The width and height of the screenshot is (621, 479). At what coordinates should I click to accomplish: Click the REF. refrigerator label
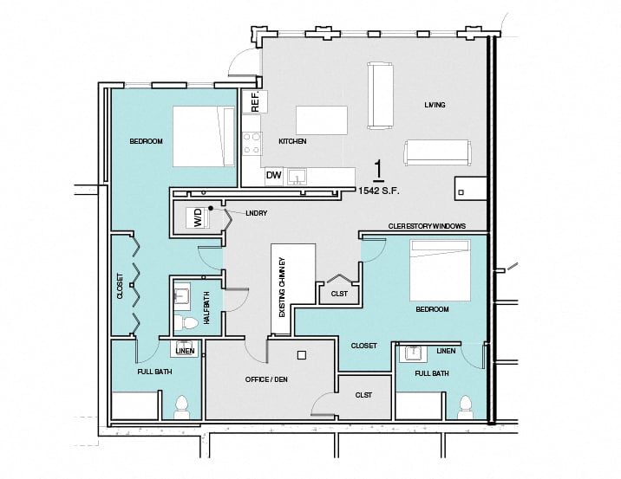[x=255, y=103]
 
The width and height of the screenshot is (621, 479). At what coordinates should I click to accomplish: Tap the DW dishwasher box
[x=274, y=176]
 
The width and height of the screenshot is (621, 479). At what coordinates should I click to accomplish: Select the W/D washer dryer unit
[x=197, y=220]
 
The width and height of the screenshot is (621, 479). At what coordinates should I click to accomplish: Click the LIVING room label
[x=435, y=105]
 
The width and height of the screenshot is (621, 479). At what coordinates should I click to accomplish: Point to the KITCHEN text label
[x=292, y=141]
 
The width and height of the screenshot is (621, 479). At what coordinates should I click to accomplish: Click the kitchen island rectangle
[x=321, y=119]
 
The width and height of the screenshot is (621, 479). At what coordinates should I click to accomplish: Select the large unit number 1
[x=377, y=168]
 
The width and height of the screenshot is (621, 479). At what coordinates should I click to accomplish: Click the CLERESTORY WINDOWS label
[x=427, y=225]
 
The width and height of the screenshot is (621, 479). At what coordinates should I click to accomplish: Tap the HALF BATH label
[x=206, y=307]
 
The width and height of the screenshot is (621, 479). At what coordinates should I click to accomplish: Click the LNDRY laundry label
[x=255, y=212]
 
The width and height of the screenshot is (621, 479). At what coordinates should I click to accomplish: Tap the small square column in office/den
[x=301, y=354]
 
